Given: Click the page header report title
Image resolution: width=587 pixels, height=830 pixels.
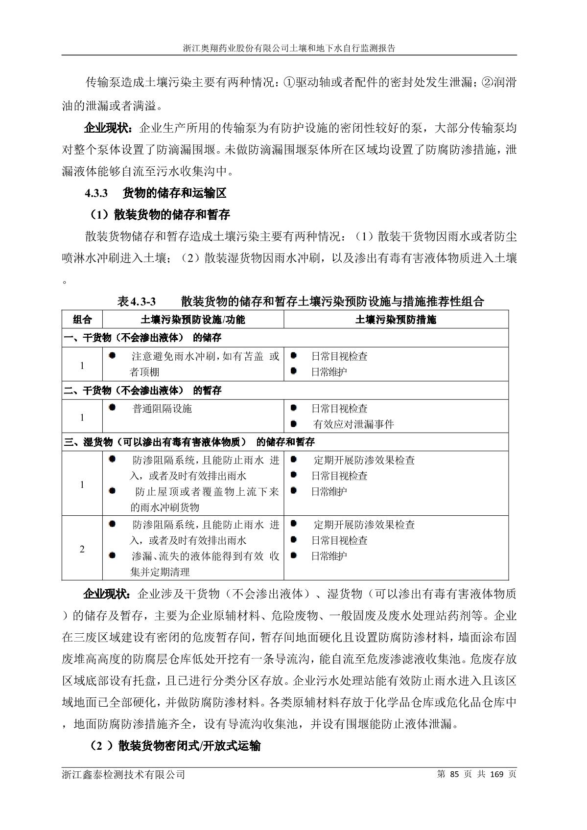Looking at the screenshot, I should coord(289,48).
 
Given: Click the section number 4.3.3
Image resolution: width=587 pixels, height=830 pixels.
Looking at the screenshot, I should coord(96,193).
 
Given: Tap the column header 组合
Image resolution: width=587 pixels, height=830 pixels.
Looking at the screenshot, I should coord(82,320).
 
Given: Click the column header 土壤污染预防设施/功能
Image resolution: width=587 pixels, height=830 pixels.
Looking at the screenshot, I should coord(193,320).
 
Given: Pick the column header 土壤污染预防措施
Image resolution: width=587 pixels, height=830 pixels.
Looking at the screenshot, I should coord(396,320).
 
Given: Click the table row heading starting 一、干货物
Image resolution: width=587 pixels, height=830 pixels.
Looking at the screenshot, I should coord(142,338).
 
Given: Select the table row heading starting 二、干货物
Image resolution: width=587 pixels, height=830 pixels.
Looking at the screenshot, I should coord(142,390).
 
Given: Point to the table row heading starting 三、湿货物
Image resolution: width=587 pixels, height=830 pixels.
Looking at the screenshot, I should coord(189,442).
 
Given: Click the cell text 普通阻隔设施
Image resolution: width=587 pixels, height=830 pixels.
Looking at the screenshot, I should coord(162,409).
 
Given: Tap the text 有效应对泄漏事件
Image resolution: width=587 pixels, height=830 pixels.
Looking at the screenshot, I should coord(353,424).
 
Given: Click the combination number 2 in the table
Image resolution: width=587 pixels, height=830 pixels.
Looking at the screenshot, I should coord(82,549).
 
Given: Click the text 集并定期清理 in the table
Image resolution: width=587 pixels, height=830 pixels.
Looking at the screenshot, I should coord(160,572).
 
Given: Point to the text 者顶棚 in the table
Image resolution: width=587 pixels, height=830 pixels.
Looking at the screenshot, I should coord(145,372).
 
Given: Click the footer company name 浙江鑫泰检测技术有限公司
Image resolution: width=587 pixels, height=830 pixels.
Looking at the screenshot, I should coord(123,775).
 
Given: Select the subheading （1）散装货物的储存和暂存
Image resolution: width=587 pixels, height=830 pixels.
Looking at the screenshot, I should coord(160,214).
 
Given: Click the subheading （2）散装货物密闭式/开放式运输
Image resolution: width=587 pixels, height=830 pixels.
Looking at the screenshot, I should coord(175,746).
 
